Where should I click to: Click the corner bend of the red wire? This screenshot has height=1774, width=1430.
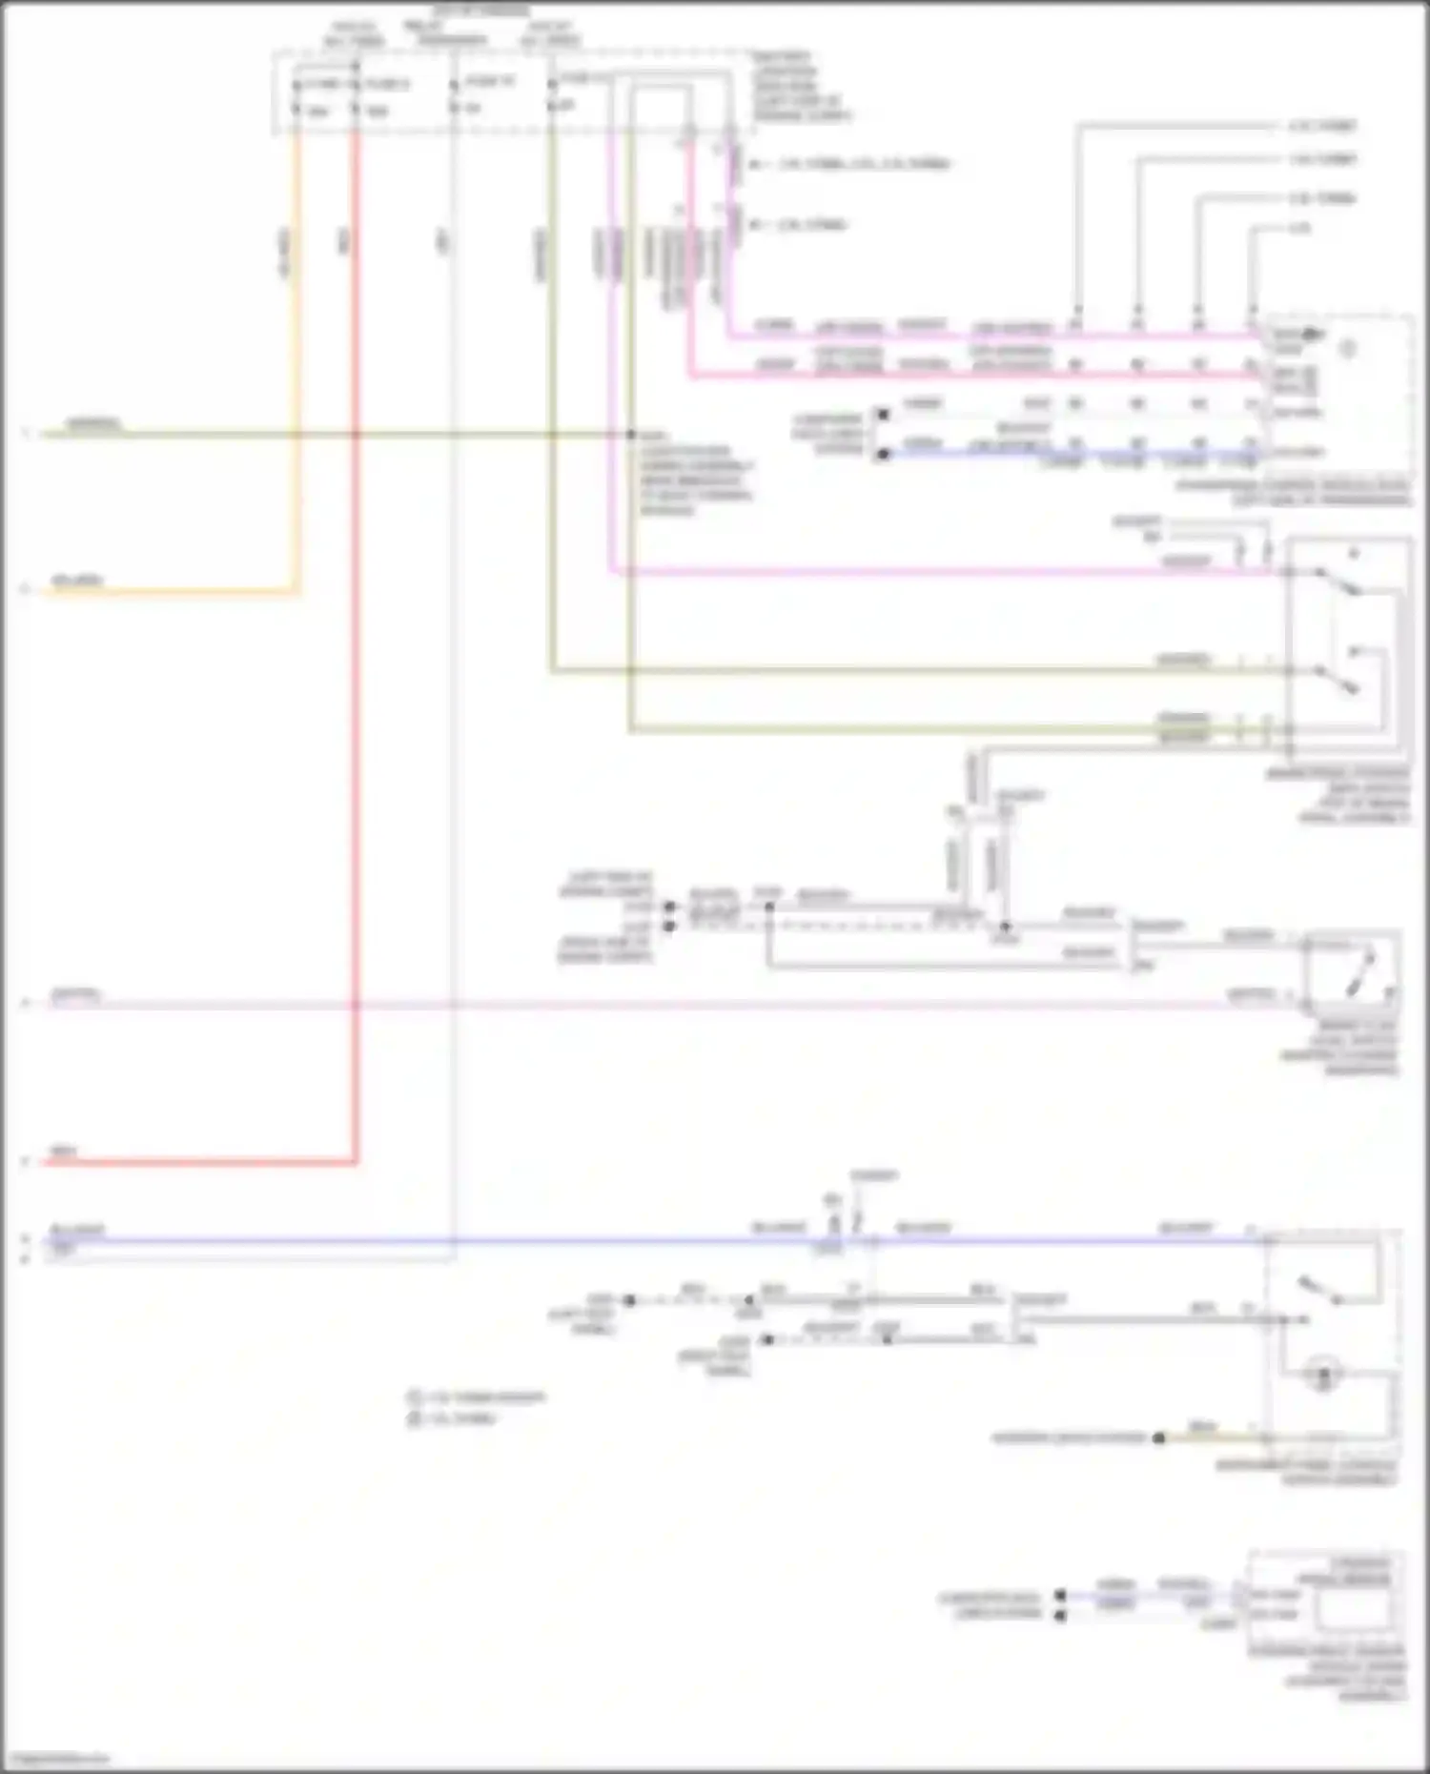pyautogui.click(x=356, y=1162)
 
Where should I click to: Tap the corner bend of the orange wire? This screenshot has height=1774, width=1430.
pyautogui.click(x=297, y=592)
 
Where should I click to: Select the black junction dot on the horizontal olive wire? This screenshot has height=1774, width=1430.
pyautogui.click(x=630, y=435)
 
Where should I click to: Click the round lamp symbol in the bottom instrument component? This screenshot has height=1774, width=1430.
pyautogui.click(x=1323, y=1376)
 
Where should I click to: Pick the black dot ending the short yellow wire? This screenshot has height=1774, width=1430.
pyautogui.click(x=1159, y=1438)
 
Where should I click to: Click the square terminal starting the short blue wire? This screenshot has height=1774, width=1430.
pyautogui.click(x=883, y=454)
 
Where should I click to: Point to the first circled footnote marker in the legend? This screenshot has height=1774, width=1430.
pyautogui.click(x=415, y=1398)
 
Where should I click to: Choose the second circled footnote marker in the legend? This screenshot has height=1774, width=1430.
pyautogui.click(x=415, y=1419)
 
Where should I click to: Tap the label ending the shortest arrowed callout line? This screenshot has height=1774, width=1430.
pyautogui.click(x=1299, y=229)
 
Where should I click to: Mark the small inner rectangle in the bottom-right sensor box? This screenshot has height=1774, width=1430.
pyautogui.click(x=1353, y=1610)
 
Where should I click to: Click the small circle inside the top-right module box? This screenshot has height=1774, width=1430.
pyautogui.click(x=1348, y=350)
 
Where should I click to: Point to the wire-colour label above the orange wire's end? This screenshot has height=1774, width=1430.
pyautogui.click(x=76, y=581)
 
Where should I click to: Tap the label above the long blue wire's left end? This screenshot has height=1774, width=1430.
pyautogui.click(x=77, y=1230)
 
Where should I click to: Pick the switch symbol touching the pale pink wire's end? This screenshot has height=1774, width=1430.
pyautogui.click(x=1355, y=972)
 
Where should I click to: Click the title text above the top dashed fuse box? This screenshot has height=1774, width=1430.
pyautogui.click(x=481, y=11)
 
